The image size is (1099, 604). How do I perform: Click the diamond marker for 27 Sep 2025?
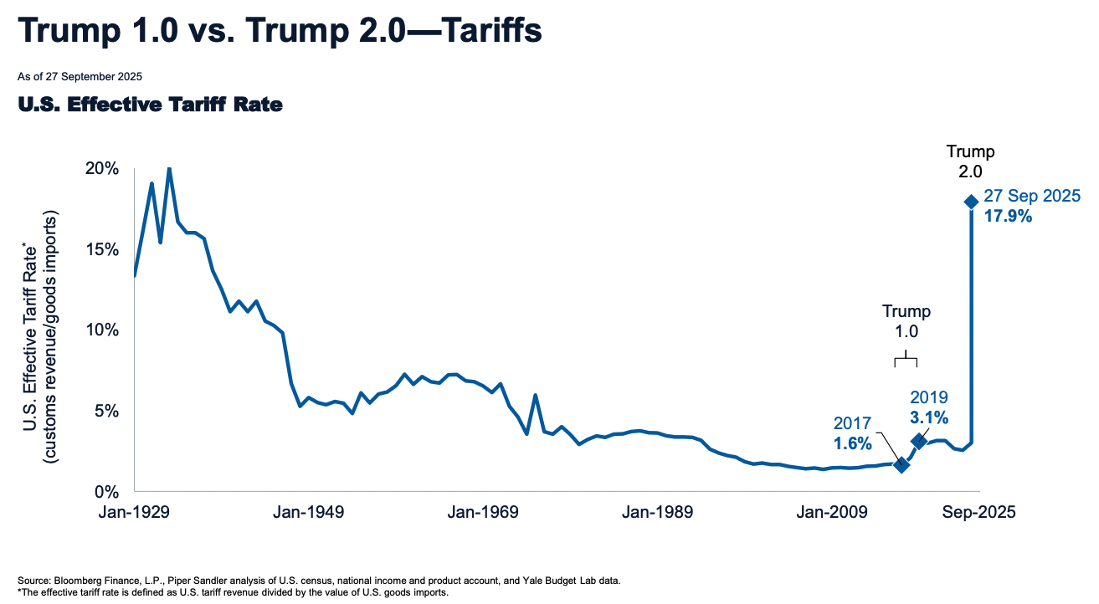coord(971,202)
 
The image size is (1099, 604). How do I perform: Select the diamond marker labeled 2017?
coord(901,464)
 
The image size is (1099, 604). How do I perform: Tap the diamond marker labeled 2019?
coord(918,441)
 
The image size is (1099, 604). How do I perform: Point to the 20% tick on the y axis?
coord(105,168)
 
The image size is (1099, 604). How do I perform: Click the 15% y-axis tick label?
coord(105,249)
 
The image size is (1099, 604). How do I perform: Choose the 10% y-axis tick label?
coord(105,330)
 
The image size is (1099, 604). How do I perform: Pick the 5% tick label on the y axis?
coord(109,411)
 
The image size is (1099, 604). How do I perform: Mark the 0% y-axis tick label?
coord(109,491)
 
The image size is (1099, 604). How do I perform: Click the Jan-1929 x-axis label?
coord(136,513)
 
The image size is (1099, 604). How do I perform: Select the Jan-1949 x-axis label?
coord(310,513)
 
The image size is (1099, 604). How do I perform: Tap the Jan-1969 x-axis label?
coord(484,513)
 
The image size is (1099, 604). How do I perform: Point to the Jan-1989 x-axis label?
coord(658,513)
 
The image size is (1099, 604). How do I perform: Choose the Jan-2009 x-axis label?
coord(832,513)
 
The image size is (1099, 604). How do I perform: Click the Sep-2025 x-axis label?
coord(979,513)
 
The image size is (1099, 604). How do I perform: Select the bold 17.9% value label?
coord(1008,216)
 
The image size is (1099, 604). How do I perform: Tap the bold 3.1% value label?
coord(927,417)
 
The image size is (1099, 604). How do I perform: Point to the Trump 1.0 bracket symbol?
coord(906,361)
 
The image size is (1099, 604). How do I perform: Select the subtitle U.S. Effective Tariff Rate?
coord(150,105)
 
